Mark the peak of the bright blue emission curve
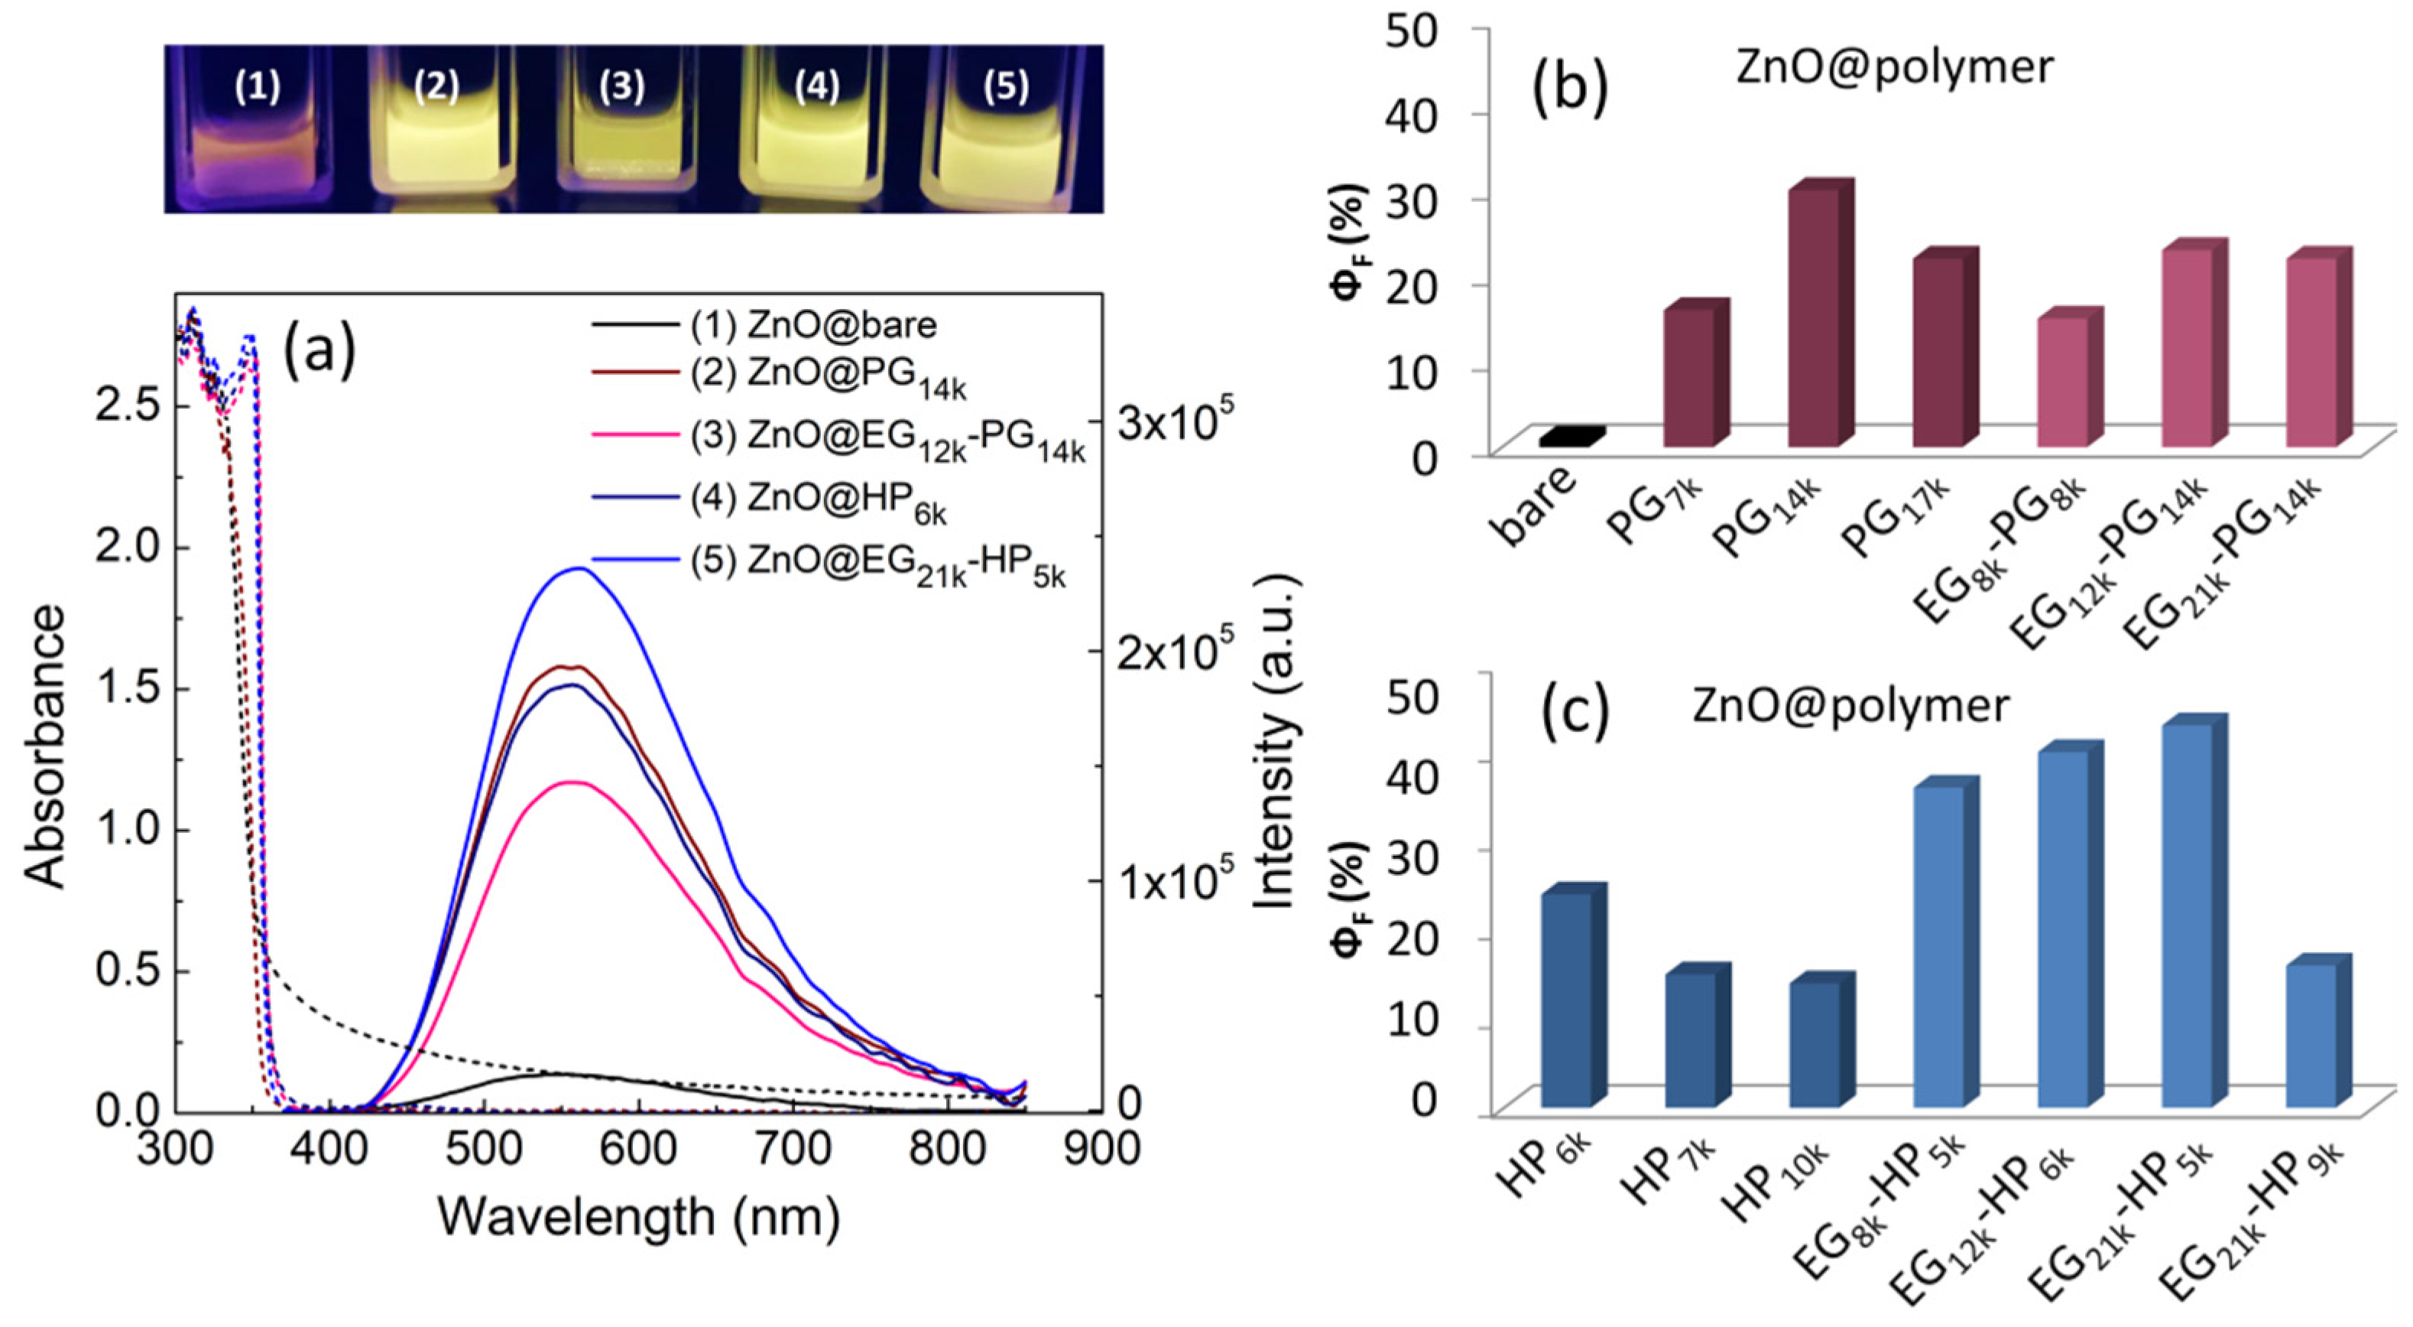579,568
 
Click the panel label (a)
319,350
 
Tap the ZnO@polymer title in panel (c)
1850,704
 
